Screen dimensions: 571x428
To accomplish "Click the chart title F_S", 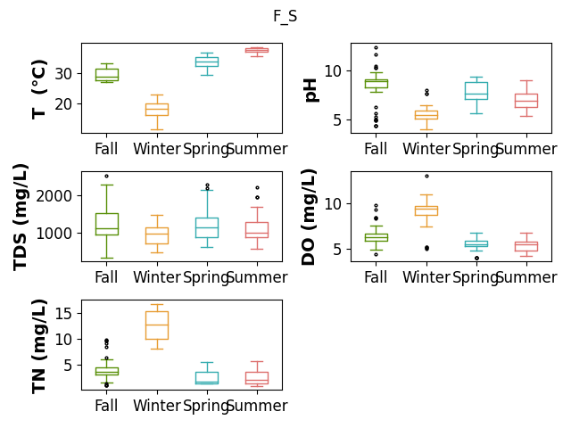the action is (x=285, y=16).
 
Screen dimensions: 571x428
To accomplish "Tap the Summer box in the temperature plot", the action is (x=257, y=49).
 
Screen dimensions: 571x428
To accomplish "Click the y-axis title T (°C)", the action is (x=39, y=89).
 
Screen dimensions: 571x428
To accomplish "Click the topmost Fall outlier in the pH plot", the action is (x=377, y=47).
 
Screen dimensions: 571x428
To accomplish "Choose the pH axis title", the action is (x=311, y=91).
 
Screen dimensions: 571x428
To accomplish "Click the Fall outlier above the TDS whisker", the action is (x=107, y=177).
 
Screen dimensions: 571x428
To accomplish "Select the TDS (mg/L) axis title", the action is (x=21, y=218).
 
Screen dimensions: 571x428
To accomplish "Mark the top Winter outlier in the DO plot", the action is (x=426, y=177).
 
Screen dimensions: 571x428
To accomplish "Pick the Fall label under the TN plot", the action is (x=106, y=406).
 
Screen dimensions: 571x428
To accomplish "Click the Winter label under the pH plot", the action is (x=426, y=149).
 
